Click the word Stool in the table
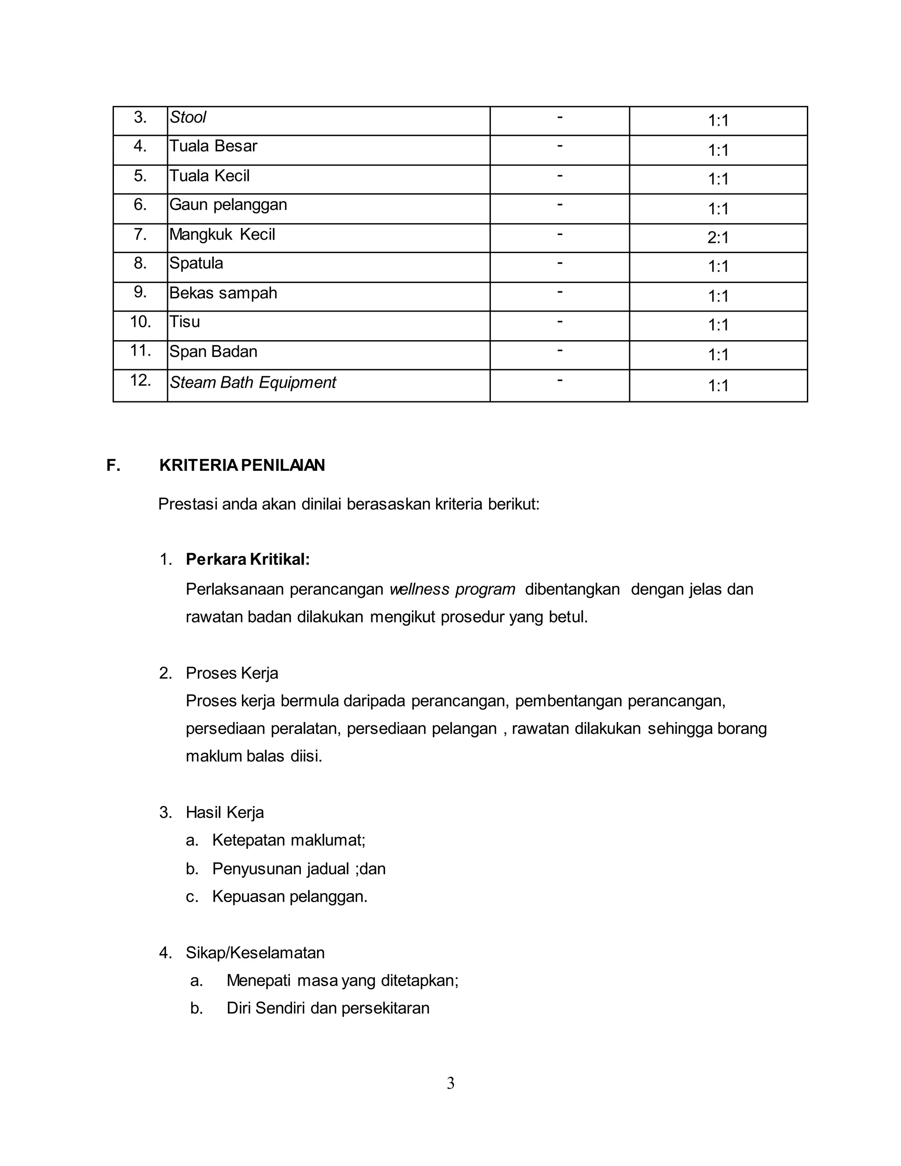point(188,117)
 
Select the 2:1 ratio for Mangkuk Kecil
point(718,238)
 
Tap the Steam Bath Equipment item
point(253,382)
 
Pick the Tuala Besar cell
point(213,146)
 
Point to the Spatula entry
point(196,263)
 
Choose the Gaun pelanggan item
point(228,205)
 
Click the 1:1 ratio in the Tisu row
point(718,325)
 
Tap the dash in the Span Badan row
point(560,350)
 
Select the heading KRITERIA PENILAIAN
point(242,466)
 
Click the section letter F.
point(113,466)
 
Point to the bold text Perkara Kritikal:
point(248,560)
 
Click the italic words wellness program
point(452,590)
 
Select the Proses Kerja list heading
point(232,673)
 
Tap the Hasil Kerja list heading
point(225,813)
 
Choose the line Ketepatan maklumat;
point(288,840)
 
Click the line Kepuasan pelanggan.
point(290,896)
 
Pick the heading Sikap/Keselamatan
point(255,953)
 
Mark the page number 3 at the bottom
point(450,1083)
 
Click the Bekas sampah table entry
point(223,293)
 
